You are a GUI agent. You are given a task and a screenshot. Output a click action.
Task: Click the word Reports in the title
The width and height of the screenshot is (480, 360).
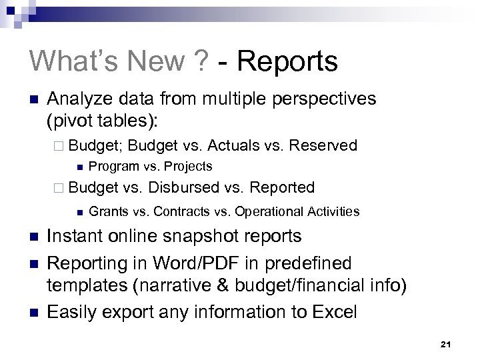click(287, 61)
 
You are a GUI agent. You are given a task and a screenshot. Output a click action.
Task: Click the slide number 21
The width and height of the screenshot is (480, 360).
click(446, 344)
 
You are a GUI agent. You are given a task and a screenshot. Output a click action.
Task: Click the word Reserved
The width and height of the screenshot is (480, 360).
click(325, 145)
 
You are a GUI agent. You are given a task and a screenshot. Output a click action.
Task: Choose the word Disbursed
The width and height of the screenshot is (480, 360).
click(185, 188)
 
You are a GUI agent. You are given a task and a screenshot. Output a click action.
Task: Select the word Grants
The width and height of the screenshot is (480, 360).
click(108, 212)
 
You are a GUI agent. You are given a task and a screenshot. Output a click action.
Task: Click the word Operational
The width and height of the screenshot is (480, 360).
click(267, 212)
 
